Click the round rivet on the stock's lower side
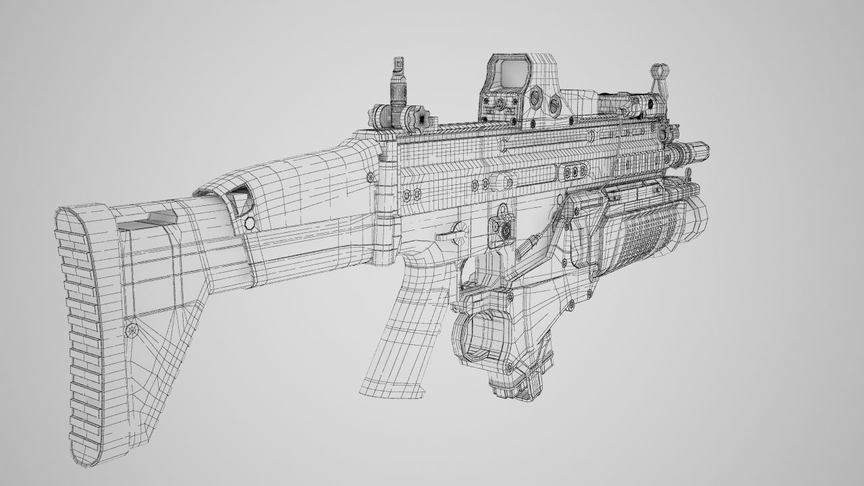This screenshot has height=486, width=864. (132, 330)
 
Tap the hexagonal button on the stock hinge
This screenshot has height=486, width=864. (249, 223)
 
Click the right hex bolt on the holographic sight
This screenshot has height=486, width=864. (556, 103)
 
